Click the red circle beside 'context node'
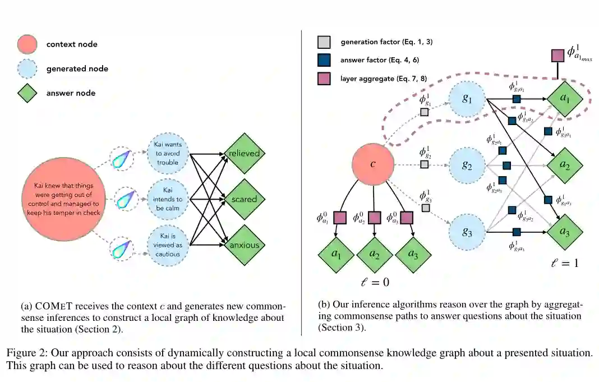[27, 44]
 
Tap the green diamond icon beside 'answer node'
[27, 93]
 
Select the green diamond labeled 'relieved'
[244, 153]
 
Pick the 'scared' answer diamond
[244, 199]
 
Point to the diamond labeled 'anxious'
[244, 245]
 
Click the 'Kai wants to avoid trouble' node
[168, 153]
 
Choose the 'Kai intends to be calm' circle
[168, 199]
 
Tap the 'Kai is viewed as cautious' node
[168, 245]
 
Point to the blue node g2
[467, 165]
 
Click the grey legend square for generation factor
[324, 42]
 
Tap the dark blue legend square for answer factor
[324, 60]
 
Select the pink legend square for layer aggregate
[324, 78]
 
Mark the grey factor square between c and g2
[425, 164]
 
